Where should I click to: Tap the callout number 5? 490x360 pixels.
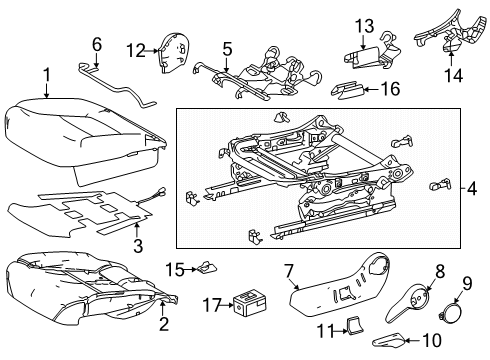coord(227,47)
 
